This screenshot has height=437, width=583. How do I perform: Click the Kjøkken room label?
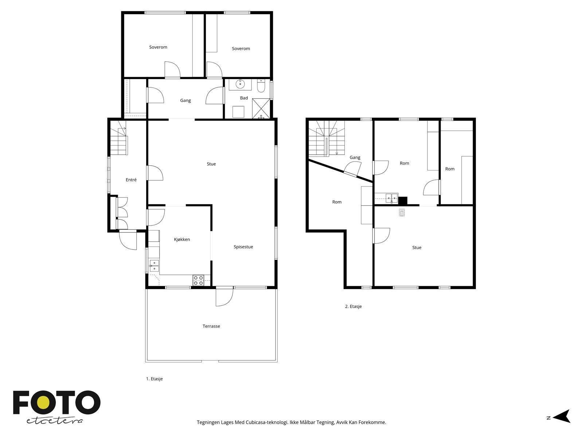(182, 239)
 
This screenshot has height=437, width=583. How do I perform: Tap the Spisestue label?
(243, 247)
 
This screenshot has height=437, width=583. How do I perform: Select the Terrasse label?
(211, 326)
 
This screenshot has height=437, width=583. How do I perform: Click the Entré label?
(131, 180)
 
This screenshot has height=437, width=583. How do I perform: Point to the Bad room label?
(244, 98)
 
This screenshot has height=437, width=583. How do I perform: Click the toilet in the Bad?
(261, 86)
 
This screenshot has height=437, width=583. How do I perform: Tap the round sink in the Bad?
(240, 84)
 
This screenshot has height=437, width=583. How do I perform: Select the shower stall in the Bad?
(261, 109)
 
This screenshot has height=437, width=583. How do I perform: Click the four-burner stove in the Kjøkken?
(199, 280)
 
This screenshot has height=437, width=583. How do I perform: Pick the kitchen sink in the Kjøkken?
(154, 266)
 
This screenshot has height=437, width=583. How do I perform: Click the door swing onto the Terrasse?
(223, 297)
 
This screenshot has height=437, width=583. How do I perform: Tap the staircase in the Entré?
(119, 142)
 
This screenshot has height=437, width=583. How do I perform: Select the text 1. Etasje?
(154, 379)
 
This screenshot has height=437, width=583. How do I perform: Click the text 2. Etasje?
(353, 307)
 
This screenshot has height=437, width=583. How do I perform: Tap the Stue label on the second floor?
(416, 248)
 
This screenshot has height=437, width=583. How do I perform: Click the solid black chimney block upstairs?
(402, 201)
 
